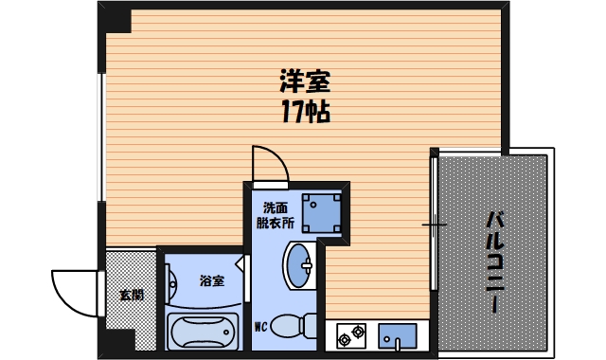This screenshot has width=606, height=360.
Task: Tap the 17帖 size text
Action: (304, 113)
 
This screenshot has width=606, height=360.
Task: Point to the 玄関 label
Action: (132, 295)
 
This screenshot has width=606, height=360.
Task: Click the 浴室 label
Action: (211, 280)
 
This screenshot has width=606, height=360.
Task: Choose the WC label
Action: (262, 328)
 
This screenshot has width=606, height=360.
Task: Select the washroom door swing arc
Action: (268, 163)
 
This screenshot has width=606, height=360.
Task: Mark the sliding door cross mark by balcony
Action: (435, 225)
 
